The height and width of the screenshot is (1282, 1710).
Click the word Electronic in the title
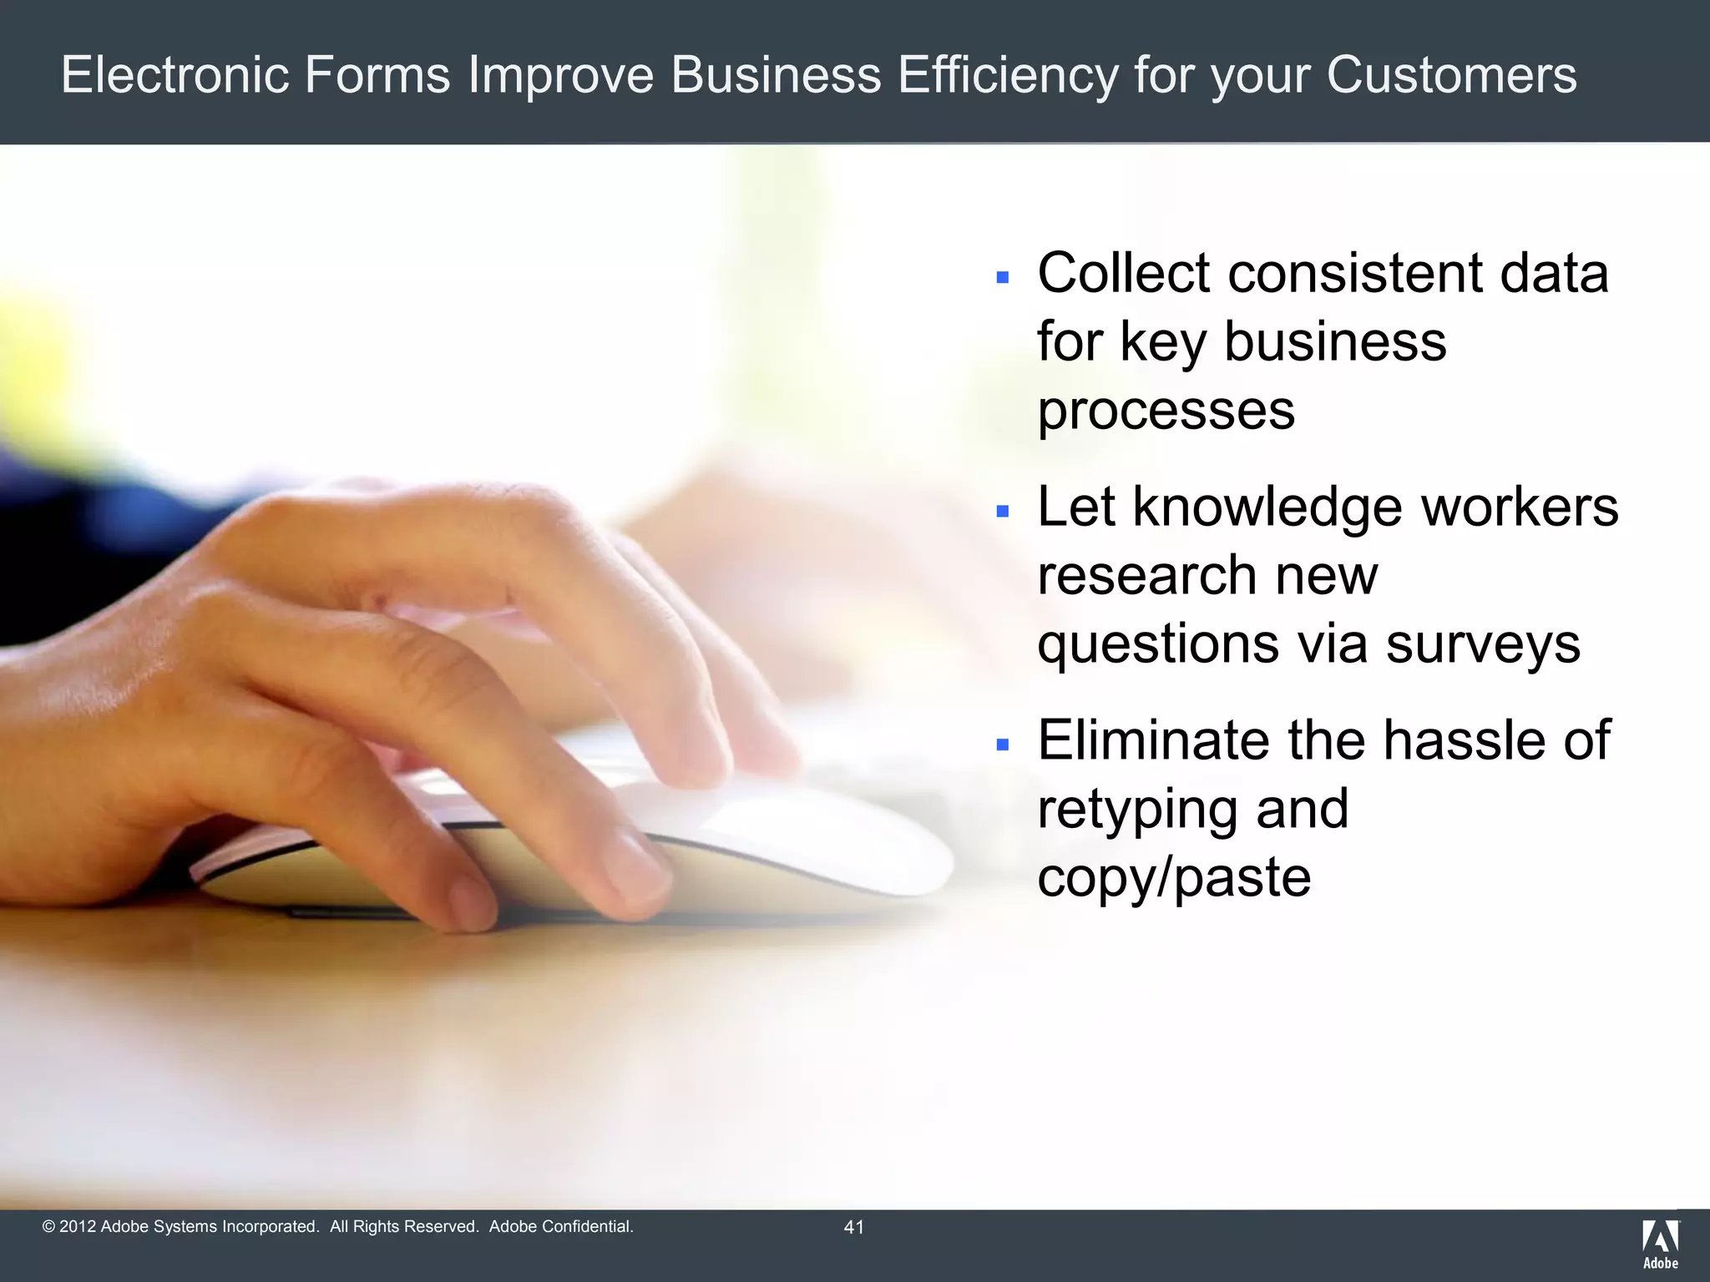(x=175, y=74)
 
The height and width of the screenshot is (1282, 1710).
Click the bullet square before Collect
(x=1003, y=276)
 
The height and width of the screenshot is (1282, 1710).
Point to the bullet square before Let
(x=1003, y=510)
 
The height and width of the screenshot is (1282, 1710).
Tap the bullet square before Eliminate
(x=1003, y=744)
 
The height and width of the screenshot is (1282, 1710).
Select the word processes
(x=1166, y=411)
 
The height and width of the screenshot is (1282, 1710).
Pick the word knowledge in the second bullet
(x=1267, y=507)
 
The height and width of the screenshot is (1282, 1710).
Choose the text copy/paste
(x=1174, y=878)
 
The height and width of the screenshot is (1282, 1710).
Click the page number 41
(x=854, y=1227)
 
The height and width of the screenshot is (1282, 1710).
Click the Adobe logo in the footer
(x=1660, y=1244)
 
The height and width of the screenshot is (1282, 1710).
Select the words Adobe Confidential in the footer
(x=561, y=1227)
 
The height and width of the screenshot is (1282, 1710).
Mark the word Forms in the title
(x=377, y=74)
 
